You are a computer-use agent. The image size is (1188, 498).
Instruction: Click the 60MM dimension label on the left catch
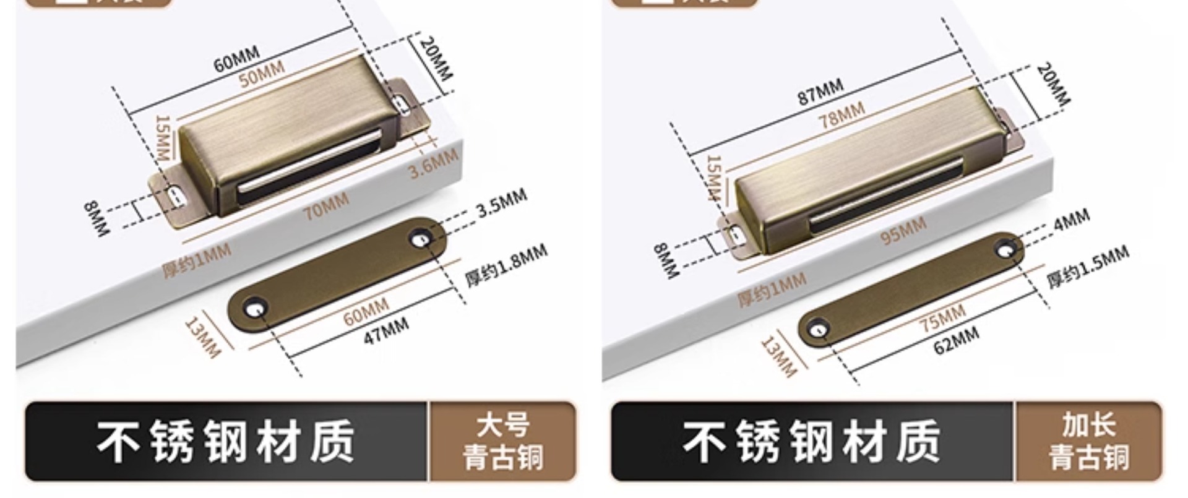click(x=236, y=59)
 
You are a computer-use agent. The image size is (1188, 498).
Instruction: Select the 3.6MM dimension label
click(x=434, y=163)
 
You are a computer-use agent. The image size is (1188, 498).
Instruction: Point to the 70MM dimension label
click(x=326, y=205)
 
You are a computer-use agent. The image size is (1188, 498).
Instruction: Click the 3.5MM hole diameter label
click(x=502, y=202)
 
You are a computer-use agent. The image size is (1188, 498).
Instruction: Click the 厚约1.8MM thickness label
click(x=506, y=264)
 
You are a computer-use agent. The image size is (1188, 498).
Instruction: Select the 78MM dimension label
click(x=841, y=115)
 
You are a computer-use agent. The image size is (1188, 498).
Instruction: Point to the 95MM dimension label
click(x=903, y=230)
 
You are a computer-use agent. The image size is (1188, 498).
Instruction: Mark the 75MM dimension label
click(x=942, y=318)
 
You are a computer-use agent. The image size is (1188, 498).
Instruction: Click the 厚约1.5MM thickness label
click(x=1088, y=267)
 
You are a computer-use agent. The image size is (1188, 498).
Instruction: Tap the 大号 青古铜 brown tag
click(x=502, y=441)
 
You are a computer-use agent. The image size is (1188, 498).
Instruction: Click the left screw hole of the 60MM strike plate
click(x=254, y=307)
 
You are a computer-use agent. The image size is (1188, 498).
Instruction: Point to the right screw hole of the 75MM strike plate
click(x=1006, y=249)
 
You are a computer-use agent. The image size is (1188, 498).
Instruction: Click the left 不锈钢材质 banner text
click(x=226, y=441)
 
